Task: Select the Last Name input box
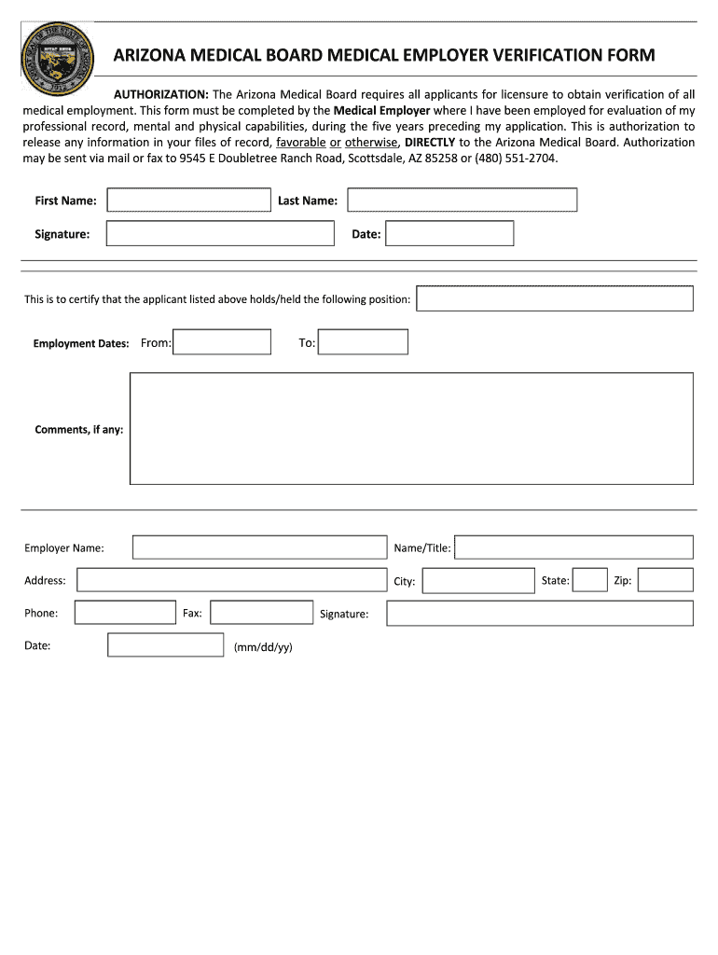tap(463, 201)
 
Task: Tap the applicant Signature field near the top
tap(220, 233)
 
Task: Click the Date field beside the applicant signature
tap(449, 233)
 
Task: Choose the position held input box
tap(555, 298)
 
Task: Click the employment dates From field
tap(222, 342)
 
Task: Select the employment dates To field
tap(363, 342)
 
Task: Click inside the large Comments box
tap(411, 428)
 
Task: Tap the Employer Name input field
tap(259, 547)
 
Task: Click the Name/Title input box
tap(573, 547)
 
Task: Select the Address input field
tap(231, 580)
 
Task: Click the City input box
tap(478, 581)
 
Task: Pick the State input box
tap(589, 580)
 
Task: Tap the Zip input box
tap(666, 580)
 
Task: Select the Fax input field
tap(261, 613)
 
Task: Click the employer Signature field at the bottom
tap(540, 613)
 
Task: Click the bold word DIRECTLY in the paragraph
tap(430, 142)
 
